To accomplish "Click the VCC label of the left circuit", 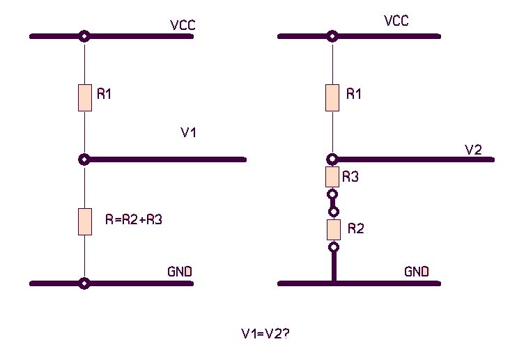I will (x=183, y=26).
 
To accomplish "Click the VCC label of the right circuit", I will (x=396, y=22).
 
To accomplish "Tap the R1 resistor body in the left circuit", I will (x=85, y=97).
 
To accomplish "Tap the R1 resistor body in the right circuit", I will (x=333, y=97).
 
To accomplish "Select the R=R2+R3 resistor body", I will (x=85, y=221).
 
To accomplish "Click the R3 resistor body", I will (x=333, y=177).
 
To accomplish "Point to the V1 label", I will (x=188, y=133).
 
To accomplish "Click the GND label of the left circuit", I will (x=180, y=271).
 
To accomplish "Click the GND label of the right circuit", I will (x=417, y=271).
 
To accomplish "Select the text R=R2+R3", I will (x=134, y=219).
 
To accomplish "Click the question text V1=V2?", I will (x=265, y=334).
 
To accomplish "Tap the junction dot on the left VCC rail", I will (x=85, y=36).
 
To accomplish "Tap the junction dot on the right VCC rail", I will (x=333, y=36).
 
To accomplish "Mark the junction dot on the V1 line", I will (x=85, y=159).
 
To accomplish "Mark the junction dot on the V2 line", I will (x=333, y=159).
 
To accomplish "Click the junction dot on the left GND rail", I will (x=85, y=283).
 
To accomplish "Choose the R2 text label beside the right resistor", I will (x=355, y=228).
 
